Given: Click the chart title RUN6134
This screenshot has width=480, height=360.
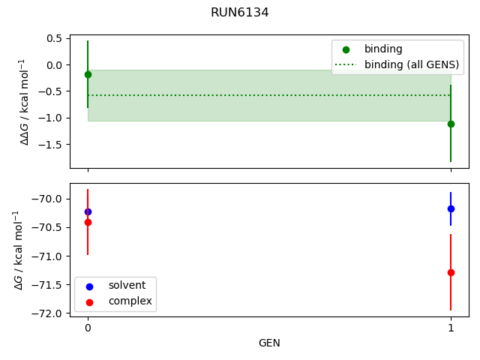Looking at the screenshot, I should (239, 13).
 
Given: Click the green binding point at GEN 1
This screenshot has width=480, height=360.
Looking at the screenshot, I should (451, 124).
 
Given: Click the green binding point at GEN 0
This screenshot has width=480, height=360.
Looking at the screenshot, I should (88, 74).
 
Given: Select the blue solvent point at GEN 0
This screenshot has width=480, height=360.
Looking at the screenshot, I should (88, 211).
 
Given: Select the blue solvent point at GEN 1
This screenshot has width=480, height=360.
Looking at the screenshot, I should (451, 208).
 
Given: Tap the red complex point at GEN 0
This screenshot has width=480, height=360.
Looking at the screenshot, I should (88, 222).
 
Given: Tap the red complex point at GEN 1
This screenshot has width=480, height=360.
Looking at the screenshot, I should (451, 272).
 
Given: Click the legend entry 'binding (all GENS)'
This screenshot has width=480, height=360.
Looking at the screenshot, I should (411, 64).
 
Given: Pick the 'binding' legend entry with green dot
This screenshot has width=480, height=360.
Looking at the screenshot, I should (382, 49).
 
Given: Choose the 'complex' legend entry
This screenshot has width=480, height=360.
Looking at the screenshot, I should (130, 301).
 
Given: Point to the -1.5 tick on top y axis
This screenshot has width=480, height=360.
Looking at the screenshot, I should (52, 144).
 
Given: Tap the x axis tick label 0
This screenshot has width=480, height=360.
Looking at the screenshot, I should (88, 328).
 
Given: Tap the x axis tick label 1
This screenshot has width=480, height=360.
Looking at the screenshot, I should (451, 328).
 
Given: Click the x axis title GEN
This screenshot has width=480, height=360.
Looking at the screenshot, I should (269, 343).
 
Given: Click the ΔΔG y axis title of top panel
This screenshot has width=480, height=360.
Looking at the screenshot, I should (24, 101).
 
